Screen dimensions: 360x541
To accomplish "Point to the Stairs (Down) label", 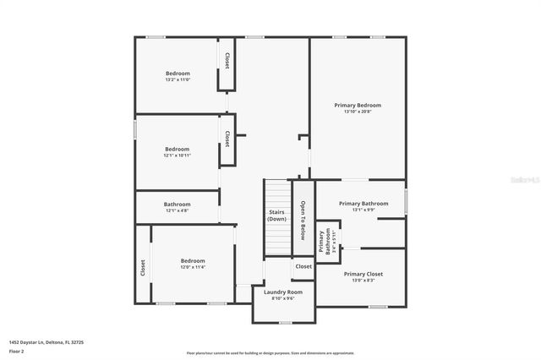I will point(277,215).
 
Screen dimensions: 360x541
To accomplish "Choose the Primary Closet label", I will point(363,274).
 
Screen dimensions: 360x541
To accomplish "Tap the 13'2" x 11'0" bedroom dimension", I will point(178,80).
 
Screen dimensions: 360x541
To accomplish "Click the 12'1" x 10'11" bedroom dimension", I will point(178,155).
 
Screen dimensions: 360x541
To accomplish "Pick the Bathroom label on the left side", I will point(178,204).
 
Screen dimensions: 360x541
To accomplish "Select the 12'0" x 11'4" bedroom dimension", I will point(193,267).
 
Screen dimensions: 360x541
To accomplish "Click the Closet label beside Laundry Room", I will point(303,266).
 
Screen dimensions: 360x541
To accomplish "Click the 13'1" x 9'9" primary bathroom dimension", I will point(363,210).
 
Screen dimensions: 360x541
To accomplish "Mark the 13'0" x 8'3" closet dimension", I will point(363,281).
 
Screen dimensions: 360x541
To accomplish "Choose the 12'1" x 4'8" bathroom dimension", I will point(178,210).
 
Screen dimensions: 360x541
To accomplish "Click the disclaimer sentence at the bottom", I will point(270,353).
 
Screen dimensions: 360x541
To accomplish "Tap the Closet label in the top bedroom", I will point(227,60).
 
